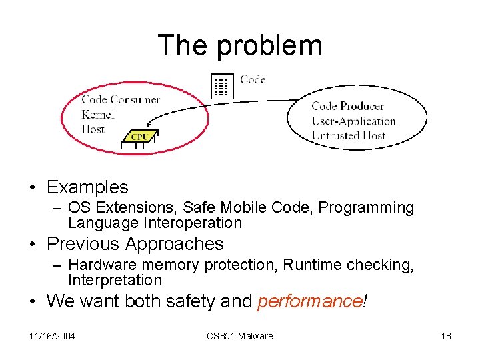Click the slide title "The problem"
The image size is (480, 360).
point(240,45)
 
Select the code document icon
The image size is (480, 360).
point(222,86)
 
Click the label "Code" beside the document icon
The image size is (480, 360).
point(253,80)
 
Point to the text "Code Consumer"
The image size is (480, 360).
point(121,100)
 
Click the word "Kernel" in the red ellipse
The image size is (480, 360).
point(98,115)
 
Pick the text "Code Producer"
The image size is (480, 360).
point(347,106)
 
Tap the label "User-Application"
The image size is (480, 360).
point(353,121)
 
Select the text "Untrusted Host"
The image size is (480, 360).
point(348,136)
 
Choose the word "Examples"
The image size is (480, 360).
point(87,187)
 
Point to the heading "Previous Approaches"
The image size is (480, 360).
point(135,244)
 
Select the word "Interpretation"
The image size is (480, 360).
point(115,280)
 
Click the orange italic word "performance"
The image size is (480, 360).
point(309,301)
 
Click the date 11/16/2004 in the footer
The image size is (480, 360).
point(52,336)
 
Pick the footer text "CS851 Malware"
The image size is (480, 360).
point(240,336)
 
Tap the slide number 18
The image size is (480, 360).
point(446,336)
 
